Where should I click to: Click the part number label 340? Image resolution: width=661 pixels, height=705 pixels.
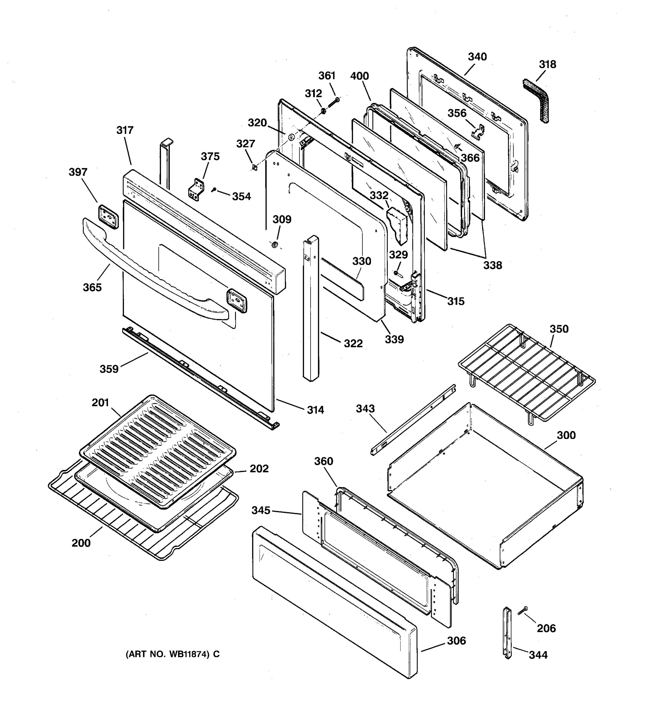point(477,57)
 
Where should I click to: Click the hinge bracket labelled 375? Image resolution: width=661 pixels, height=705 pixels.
point(196,189)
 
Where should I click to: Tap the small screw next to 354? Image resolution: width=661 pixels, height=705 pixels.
point(214,190)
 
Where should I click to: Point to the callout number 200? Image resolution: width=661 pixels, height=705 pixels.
point(81,543)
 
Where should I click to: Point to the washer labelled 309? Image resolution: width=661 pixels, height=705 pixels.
point(274,245)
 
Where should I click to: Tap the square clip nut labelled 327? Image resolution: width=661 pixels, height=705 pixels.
point(254,167)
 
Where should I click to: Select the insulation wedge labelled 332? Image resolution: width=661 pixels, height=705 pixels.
point(398,225)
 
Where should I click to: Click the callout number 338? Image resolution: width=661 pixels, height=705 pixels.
point(493,265)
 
